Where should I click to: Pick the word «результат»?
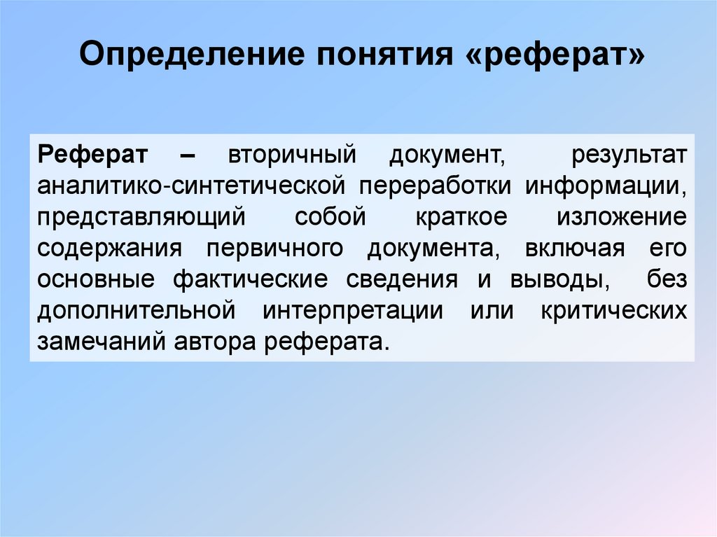point(629,155)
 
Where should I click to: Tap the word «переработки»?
point(439,186)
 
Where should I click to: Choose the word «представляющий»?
point(141,217)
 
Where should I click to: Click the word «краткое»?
point(461,217)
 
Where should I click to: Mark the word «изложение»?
point(622,217)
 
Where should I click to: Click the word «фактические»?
point(250,279)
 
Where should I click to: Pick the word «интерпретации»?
point(353,310)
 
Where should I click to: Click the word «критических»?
point(613,310)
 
